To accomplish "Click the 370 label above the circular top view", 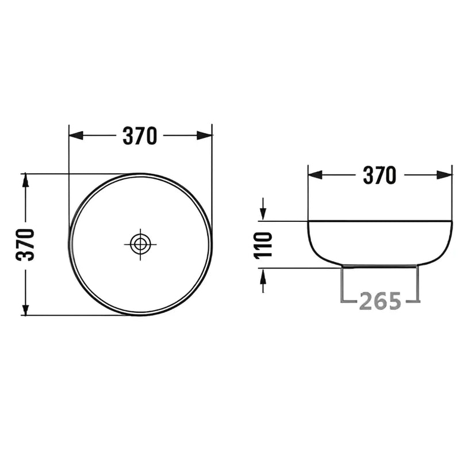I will pos(140,136).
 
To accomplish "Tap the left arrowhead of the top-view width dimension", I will pos(75,136).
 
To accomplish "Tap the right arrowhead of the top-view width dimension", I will pos(205,136).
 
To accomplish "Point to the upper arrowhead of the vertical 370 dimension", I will pos(25,181).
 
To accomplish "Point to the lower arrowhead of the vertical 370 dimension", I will pos(25,308).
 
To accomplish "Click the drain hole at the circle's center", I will pos(140,244).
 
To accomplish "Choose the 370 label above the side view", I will pos(379,175).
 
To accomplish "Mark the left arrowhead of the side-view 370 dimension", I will pos(315,175).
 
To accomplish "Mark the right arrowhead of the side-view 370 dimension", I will pos(444,175).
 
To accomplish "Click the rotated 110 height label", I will pos(263,245).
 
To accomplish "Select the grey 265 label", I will pos(379,301).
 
